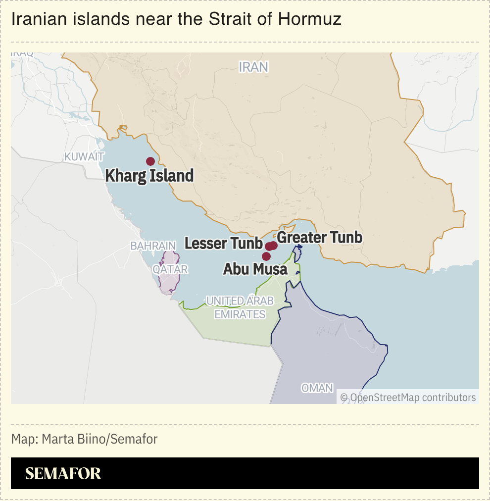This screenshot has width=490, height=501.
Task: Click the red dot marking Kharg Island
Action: pos(150,161)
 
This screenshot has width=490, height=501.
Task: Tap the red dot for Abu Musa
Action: pos(266,256)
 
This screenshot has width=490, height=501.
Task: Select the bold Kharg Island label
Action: pos(149,176)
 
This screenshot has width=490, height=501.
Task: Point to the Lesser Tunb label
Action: pos(223,243)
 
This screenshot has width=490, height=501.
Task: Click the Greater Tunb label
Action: pos(320,238)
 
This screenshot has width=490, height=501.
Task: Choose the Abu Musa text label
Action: pos(255,269)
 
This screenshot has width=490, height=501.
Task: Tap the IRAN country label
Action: pos(253,67)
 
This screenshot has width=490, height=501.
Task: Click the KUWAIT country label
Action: pos(84,157)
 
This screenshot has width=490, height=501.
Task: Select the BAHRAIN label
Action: pos(153,246)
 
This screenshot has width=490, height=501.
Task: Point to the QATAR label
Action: pos(170,269)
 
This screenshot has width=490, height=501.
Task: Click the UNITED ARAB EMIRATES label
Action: pos(240,307)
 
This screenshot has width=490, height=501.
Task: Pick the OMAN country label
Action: pos(317,388)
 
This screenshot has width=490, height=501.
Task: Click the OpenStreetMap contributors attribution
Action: pos(408,397)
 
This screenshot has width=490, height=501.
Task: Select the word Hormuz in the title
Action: pos(309,19)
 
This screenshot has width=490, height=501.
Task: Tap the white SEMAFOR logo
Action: pos(63,473)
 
